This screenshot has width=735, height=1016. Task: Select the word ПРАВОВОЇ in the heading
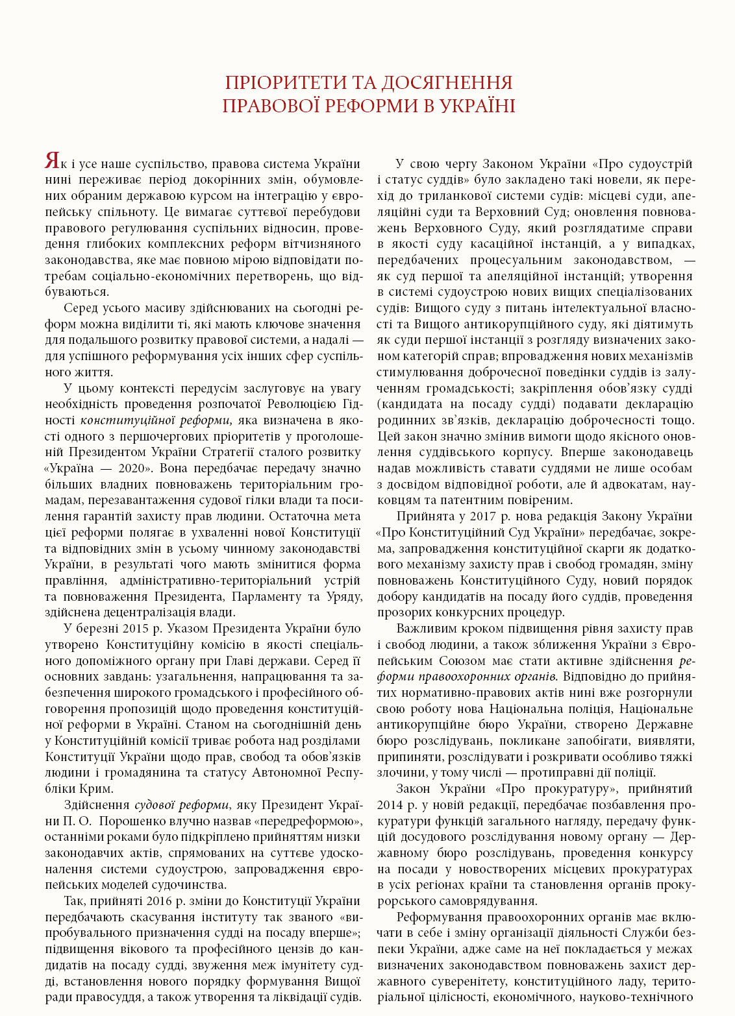[271, 106]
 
